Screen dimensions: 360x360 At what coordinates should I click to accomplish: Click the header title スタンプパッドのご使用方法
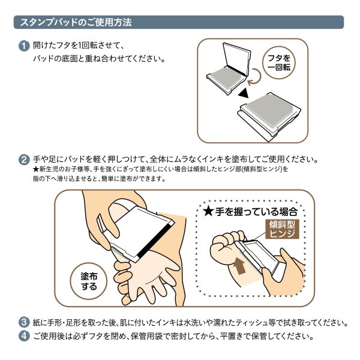pos(76,22)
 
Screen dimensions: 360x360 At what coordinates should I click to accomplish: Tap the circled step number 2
pos(23,160)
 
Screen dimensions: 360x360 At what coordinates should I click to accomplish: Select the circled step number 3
pos(23,323)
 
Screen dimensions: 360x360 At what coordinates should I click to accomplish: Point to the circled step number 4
pos(23,336)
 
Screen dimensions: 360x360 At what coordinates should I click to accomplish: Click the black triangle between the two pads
pos(242,94)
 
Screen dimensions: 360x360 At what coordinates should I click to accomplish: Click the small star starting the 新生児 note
pos(36,170)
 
